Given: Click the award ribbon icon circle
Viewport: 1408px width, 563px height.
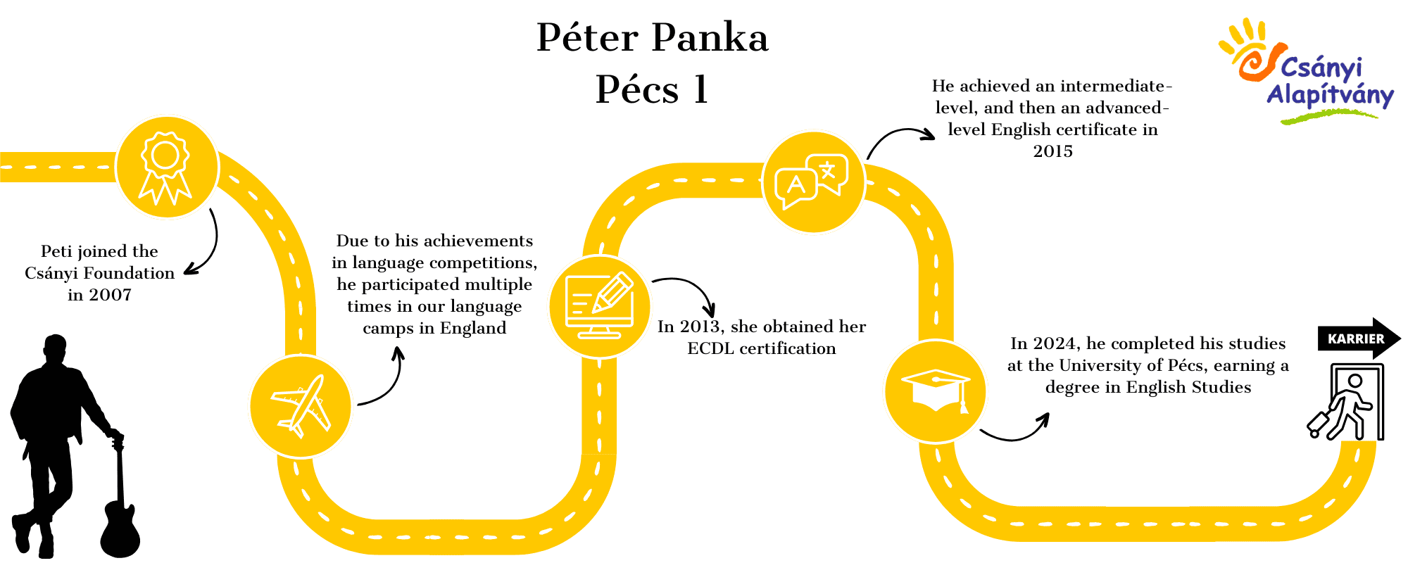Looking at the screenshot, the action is (167, 167).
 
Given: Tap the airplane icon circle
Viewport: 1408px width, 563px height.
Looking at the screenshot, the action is (301, 406).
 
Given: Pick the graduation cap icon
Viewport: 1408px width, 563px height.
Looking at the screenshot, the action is (936, 391).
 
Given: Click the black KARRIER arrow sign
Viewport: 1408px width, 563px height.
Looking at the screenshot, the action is (1359, 339).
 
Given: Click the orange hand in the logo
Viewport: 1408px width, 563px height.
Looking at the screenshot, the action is (1250, 49).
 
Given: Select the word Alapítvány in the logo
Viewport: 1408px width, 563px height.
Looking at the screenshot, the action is (1330, 96).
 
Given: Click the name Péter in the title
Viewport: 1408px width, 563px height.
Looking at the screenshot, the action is (587, 37).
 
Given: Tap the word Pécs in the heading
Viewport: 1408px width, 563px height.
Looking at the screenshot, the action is (637, 89).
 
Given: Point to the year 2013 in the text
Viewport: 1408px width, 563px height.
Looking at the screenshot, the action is (700, 327).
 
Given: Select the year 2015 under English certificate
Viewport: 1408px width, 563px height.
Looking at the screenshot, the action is (1052, 151).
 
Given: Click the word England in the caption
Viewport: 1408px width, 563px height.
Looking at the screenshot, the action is (473, 329).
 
